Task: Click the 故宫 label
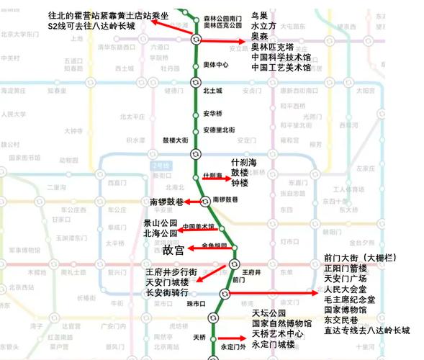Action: (174, 250)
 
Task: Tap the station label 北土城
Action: (212, 91)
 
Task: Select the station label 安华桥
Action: (212, 114)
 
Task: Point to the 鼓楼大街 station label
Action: (176, 140)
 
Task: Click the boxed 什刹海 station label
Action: (213, 176)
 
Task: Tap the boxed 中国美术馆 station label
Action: (199, 226)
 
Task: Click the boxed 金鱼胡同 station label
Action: (215, 246)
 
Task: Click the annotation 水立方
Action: (263, 25)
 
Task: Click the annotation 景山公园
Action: (161, 224)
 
